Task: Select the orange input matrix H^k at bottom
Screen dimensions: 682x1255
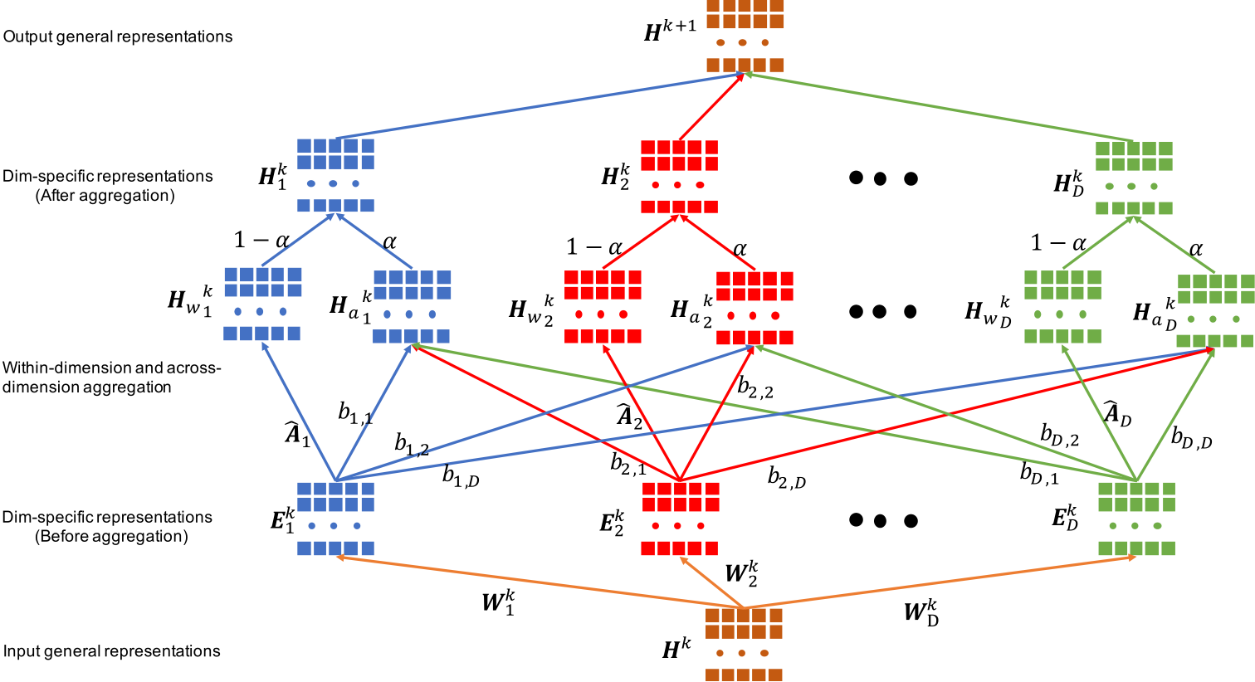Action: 743,645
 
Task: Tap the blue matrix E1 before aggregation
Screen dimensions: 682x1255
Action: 335,519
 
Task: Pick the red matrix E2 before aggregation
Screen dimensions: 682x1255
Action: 680,519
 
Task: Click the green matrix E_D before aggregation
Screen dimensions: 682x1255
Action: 1136,519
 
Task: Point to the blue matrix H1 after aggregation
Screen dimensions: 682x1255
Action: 335,175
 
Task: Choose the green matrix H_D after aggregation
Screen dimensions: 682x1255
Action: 1134,178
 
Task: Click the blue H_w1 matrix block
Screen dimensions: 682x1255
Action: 262,304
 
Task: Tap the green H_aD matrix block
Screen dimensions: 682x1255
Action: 1215,310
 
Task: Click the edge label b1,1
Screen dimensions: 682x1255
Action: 354,412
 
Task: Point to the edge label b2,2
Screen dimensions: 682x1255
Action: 755,387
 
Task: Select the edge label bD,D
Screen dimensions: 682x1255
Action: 1191,438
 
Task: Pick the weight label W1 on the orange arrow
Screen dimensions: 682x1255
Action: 498,602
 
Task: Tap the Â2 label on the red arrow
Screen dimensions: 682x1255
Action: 630,416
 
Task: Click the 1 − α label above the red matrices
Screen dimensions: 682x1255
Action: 594,247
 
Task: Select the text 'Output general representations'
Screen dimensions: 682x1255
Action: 118,37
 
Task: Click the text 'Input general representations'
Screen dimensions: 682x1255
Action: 112,651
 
